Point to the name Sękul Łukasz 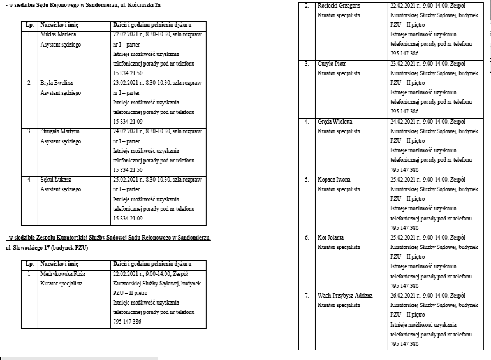[56, 180]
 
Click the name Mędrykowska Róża [62, 273]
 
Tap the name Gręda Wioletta [335, 121]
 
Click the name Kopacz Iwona [333, 180]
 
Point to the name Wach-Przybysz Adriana [345, 296]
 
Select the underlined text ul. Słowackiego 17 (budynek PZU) [47, 247]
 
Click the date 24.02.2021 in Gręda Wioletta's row [404, 121]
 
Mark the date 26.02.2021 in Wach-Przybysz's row [404, 296]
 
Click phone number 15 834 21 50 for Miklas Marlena [128, 73]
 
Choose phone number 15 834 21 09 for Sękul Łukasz [128, 219]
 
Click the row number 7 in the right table [307, 296]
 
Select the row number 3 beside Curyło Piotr [307, 64]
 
